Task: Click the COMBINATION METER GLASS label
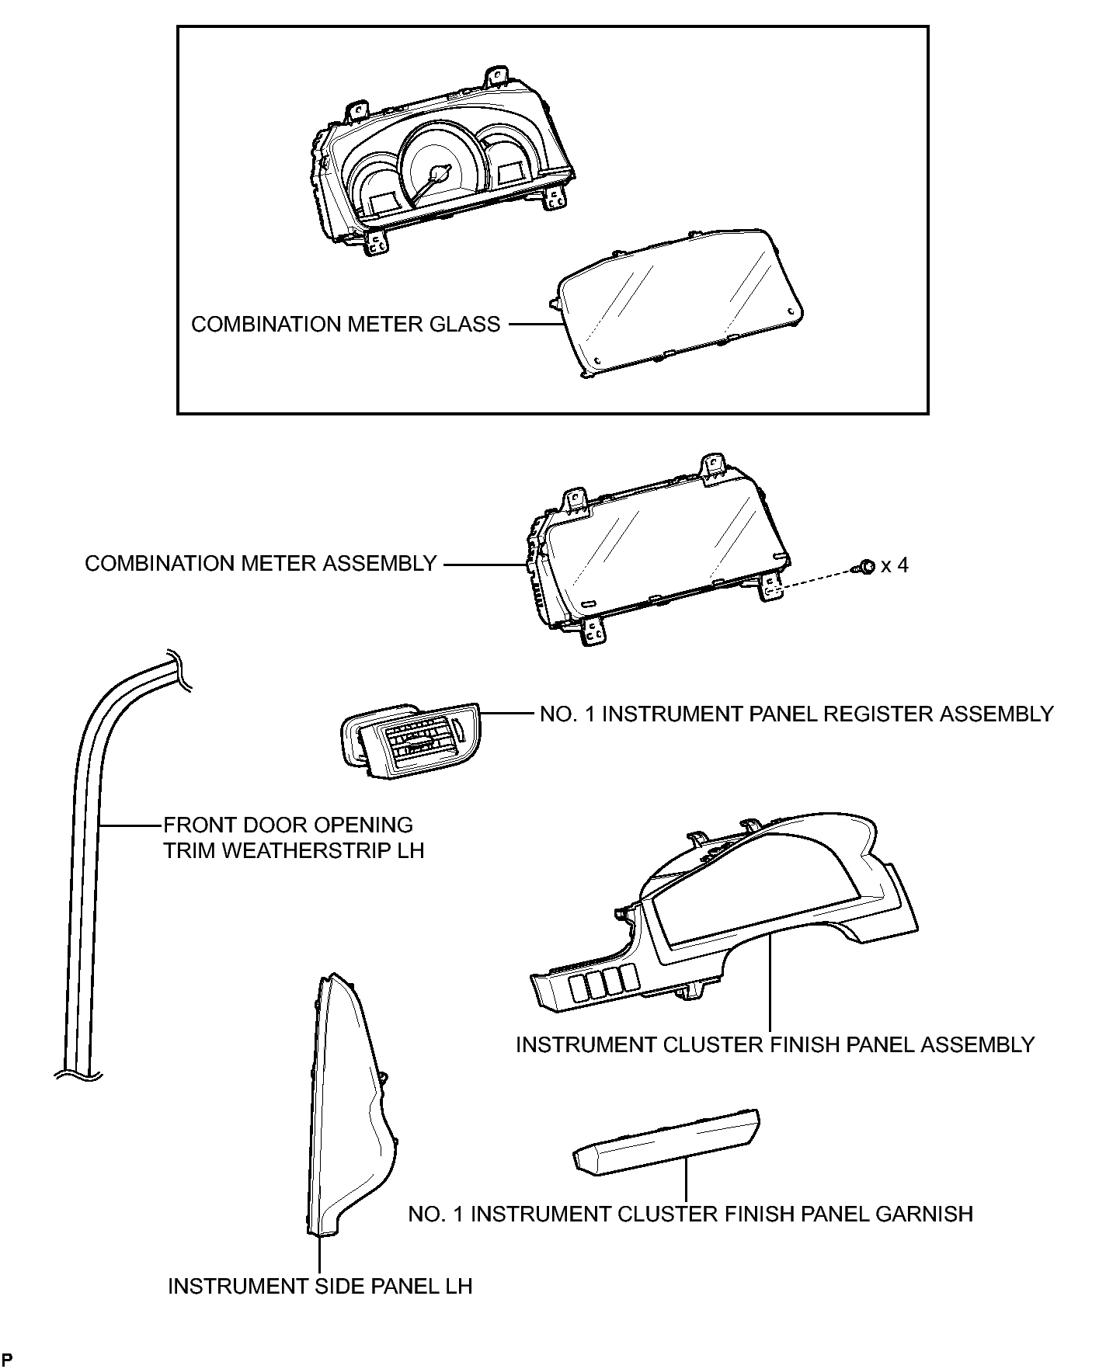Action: (346, 325)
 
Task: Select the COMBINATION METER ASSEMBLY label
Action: (261, 564)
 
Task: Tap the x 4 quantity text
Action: (895, 565)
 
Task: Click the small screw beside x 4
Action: (866, 567)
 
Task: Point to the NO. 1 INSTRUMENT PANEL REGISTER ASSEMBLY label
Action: (797, 714)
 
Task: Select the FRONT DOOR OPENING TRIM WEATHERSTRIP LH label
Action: (294, 838)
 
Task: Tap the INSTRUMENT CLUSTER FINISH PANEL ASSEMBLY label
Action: (775, 1044)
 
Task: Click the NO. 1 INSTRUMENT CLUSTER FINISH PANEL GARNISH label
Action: (690, 1214)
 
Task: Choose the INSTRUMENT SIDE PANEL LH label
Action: (320, 1287)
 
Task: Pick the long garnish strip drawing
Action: (666, 1140)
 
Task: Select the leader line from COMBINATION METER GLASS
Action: (534, 325)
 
